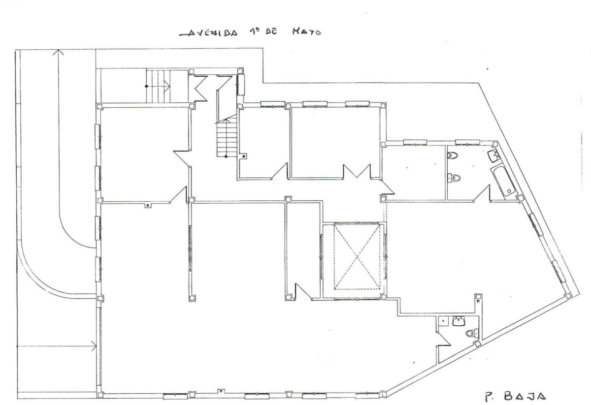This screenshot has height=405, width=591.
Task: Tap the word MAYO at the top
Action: [306, 32]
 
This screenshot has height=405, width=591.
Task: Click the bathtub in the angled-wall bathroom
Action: [503, 182]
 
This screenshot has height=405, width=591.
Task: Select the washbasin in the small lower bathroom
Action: [459, 321]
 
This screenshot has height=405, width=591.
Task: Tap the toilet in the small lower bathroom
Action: [472, 334]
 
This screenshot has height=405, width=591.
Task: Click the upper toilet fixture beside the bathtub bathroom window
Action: [453, 156]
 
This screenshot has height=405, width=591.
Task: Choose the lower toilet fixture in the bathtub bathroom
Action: [454, 178]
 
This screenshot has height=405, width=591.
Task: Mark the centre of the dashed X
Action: [357, 256]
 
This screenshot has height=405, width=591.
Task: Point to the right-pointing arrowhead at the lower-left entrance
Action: [94, 345]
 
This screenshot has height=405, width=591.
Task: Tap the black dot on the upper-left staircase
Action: [146, 86]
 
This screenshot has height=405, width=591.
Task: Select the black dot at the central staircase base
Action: [226, 156]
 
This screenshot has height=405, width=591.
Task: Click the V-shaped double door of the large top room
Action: [357, 171]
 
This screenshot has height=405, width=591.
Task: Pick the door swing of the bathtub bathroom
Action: [482, 193]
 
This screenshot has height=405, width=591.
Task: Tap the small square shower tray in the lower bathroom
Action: [444, 321]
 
